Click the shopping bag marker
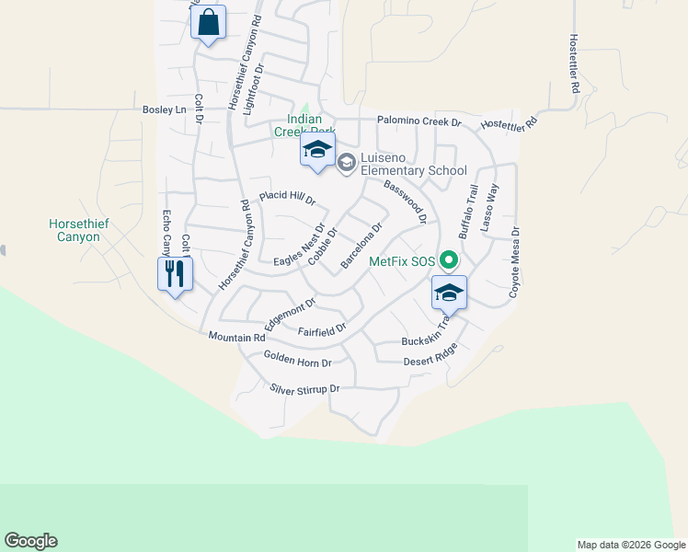point(209,22)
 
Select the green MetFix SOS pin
point(449,261)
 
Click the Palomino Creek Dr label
point(419,121)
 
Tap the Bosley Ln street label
point(164,109)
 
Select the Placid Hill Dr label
point(287,197)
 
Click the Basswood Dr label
point(406,201)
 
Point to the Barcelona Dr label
point(361,246)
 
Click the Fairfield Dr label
point(321,328)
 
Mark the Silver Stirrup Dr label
point(305,389)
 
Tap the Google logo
point(30,541)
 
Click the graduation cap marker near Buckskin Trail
point(449,293)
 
